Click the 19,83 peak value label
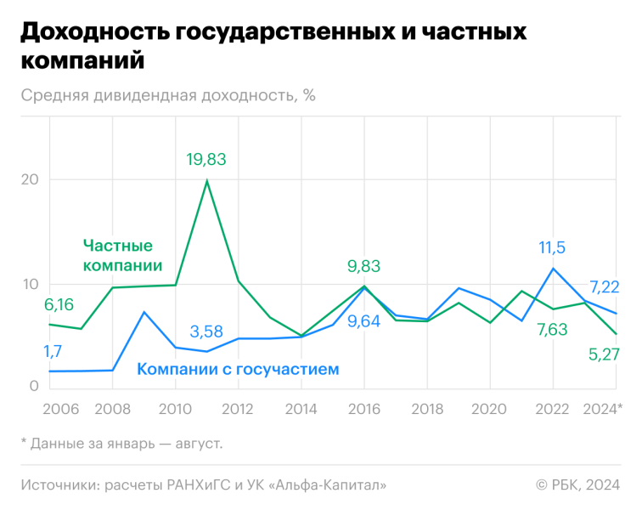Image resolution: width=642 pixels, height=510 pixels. (207, 159)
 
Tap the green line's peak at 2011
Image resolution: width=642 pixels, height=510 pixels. (207, 180)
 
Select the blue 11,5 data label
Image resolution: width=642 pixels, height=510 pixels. (552, 247)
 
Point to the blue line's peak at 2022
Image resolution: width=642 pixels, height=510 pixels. (553, 269)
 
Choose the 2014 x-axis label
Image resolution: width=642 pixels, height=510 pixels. (301, 409)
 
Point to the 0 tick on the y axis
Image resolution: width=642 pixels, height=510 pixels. (34, 387)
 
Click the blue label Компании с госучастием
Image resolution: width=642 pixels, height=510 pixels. (238, 369)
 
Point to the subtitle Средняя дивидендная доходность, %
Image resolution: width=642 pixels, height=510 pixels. (168, 94)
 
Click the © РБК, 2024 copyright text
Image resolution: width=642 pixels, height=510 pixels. (577, 484)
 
